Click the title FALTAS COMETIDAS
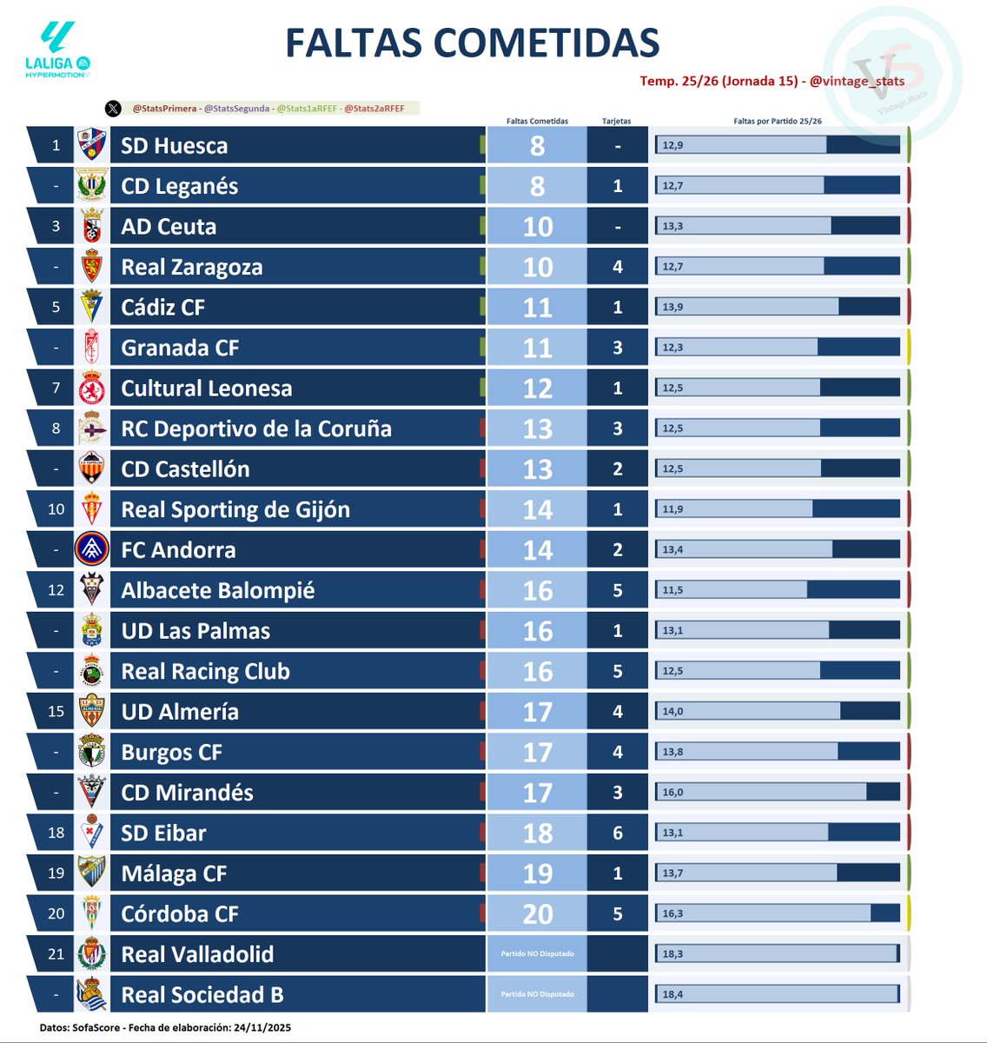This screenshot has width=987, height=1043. [x=472, y=43]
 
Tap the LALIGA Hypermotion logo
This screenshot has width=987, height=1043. [x=58, y=50]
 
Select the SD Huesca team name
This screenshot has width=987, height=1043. [x=174, y=146]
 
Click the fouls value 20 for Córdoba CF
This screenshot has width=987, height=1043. [x=537, y=914]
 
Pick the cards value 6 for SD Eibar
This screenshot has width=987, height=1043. [x=618, y=833]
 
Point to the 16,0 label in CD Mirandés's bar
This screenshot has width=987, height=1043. [x=672, y=793]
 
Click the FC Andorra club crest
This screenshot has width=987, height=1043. [x=91, y=549]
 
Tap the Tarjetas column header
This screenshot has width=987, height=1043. [x=617, y=121]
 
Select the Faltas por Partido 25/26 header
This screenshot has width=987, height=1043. [x=777, y=121]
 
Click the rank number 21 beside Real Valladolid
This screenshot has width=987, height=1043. [x=56, y=954]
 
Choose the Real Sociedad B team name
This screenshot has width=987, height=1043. [x=202, y=994]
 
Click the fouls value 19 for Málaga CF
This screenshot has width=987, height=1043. [x=537, y=874]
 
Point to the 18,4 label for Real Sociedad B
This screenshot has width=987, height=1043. [x=672, y=994]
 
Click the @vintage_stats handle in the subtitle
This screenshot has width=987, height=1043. [x=857, y=81]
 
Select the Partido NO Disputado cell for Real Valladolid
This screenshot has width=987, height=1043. [x=537, y=954]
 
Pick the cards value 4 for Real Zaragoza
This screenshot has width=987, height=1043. [x=618, y=267]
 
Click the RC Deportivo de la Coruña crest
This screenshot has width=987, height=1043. [x=91, y=428]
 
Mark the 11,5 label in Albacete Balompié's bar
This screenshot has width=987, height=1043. [x=672, y=590]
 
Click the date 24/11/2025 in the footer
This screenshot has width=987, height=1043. [x=258, y=1027]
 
